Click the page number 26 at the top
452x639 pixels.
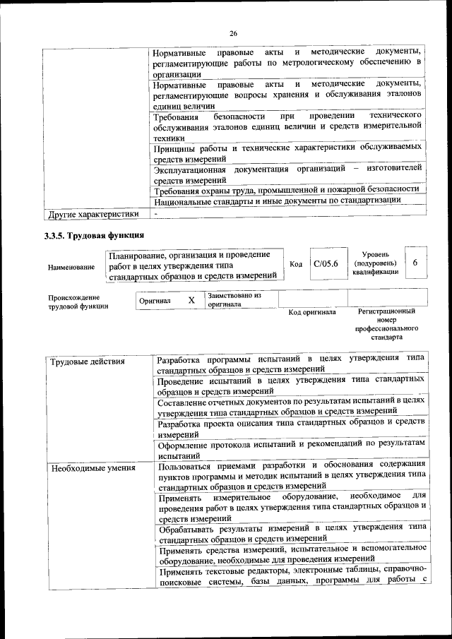click(x=234, y=33)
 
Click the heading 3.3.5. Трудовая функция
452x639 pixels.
click(x=95, y=235)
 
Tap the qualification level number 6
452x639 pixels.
click(x=415, y=262)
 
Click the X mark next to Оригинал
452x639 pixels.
click(x=191, y=300)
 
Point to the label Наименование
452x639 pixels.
click(x=71, y=267)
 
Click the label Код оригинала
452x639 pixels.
click(x=313, y=311)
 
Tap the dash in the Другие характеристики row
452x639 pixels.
click(x=156, y=213)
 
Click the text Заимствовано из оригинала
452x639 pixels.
click(x=234, y=300)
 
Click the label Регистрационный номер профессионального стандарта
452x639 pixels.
click(x=386, y=324)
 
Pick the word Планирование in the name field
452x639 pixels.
click(x=138, y=254)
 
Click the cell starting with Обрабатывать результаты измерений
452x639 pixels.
click(x=291, y=532)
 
